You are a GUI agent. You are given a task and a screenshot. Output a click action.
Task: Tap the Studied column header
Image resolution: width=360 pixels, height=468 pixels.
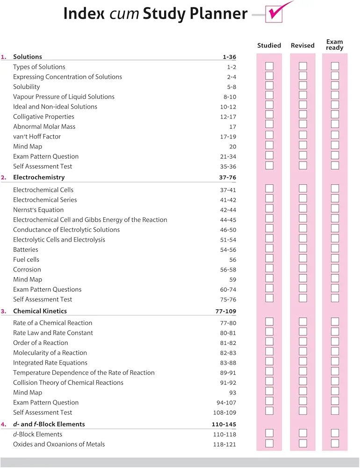click(269, 45)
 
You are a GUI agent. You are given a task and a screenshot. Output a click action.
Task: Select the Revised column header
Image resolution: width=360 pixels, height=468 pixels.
click(302, 45)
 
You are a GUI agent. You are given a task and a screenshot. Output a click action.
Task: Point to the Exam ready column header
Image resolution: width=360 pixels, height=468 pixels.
click(335, 45)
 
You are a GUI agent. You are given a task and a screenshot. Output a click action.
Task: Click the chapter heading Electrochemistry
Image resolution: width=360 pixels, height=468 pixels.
click(39, 177)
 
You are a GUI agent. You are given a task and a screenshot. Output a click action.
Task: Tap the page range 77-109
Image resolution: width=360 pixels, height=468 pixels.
click(224, 311)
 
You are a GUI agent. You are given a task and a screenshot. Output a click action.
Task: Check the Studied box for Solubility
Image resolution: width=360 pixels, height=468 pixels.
click(269, 86)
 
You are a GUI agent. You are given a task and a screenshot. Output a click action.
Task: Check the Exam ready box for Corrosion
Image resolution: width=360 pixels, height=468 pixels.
click(335, 269)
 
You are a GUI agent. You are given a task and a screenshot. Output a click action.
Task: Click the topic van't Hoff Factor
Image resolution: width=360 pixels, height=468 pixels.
click(37, 137)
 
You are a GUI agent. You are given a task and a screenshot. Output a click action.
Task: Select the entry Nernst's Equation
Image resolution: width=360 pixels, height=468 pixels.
click(38, 210)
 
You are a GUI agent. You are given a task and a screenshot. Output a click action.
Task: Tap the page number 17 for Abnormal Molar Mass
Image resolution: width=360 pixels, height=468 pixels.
click(233, 127)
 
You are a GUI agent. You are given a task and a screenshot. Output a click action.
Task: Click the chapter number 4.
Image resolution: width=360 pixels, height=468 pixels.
click(4, 424)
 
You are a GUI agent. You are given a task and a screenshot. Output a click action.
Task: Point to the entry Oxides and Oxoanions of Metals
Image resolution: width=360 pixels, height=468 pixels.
click(59, 444)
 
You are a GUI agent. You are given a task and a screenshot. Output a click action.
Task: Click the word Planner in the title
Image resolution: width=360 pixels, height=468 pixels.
click(219, 14)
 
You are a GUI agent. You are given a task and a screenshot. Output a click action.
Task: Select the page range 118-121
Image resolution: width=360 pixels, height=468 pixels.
click(224, 444)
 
